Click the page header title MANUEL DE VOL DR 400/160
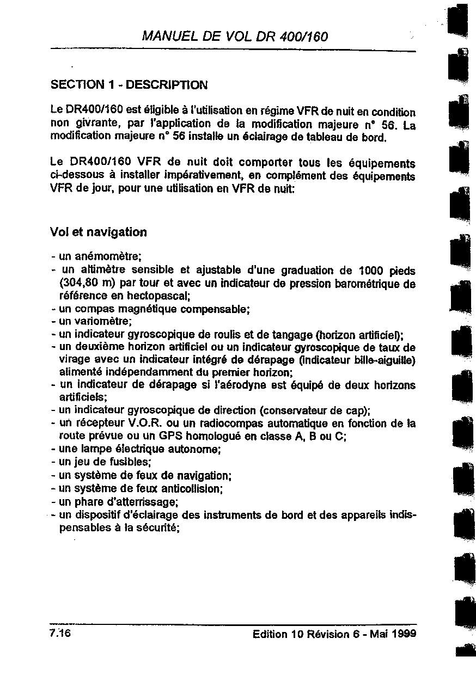click(x=235, y=36)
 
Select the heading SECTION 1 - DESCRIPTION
click(x=129, y=85)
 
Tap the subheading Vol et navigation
click(x=98, y=232)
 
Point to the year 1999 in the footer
click(x=404, y=634)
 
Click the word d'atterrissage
click(x=144, y=501)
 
